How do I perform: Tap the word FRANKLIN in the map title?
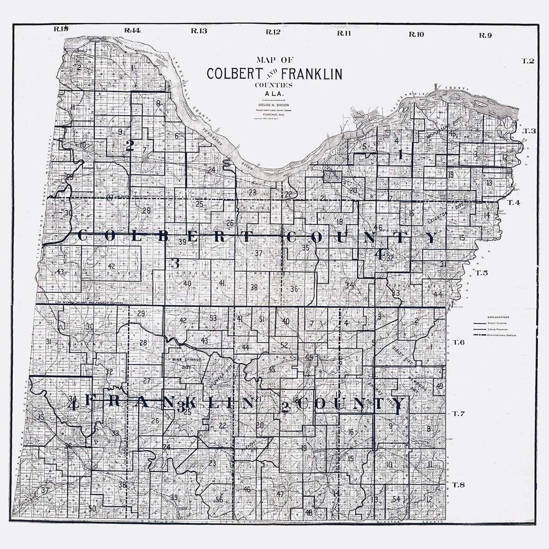coord(312,74)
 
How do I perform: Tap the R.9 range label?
coord(485,35)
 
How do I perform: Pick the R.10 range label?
coord(416,34)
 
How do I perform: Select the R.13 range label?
coord(199,31)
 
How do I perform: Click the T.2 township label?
coord(528,61)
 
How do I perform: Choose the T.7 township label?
coord(458,414)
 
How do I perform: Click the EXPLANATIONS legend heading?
coord(498,317)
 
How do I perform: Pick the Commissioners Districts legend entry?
coord(503,335)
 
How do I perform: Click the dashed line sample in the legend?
coord(480,335)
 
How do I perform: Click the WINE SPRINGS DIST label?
coord(180,363)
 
